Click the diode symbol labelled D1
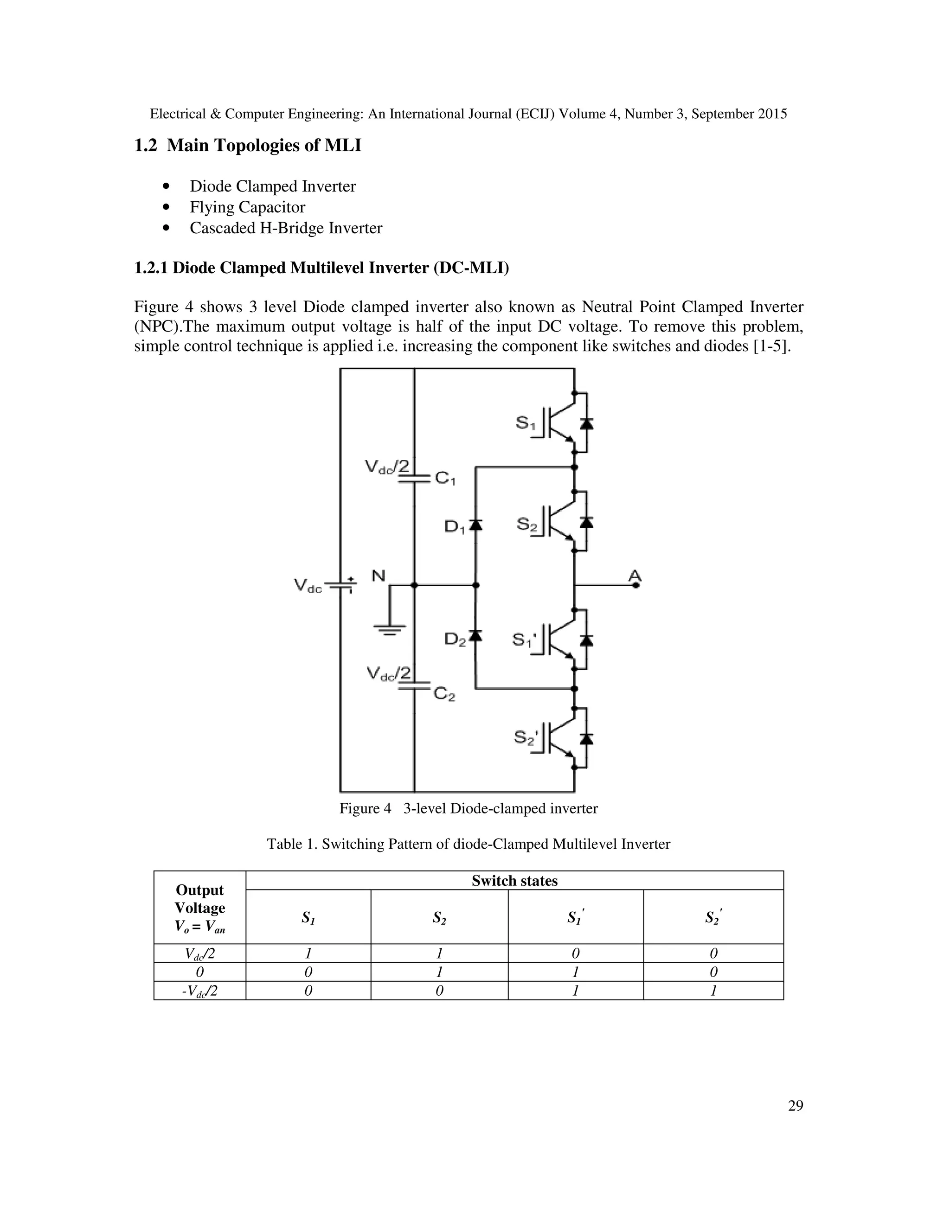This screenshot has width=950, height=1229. [475, 525]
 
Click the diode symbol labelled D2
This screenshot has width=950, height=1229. [475, 635]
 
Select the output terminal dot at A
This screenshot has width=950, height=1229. [636, 585]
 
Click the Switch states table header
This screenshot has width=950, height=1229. [514, 881]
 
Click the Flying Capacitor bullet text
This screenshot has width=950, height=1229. [247, 207]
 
